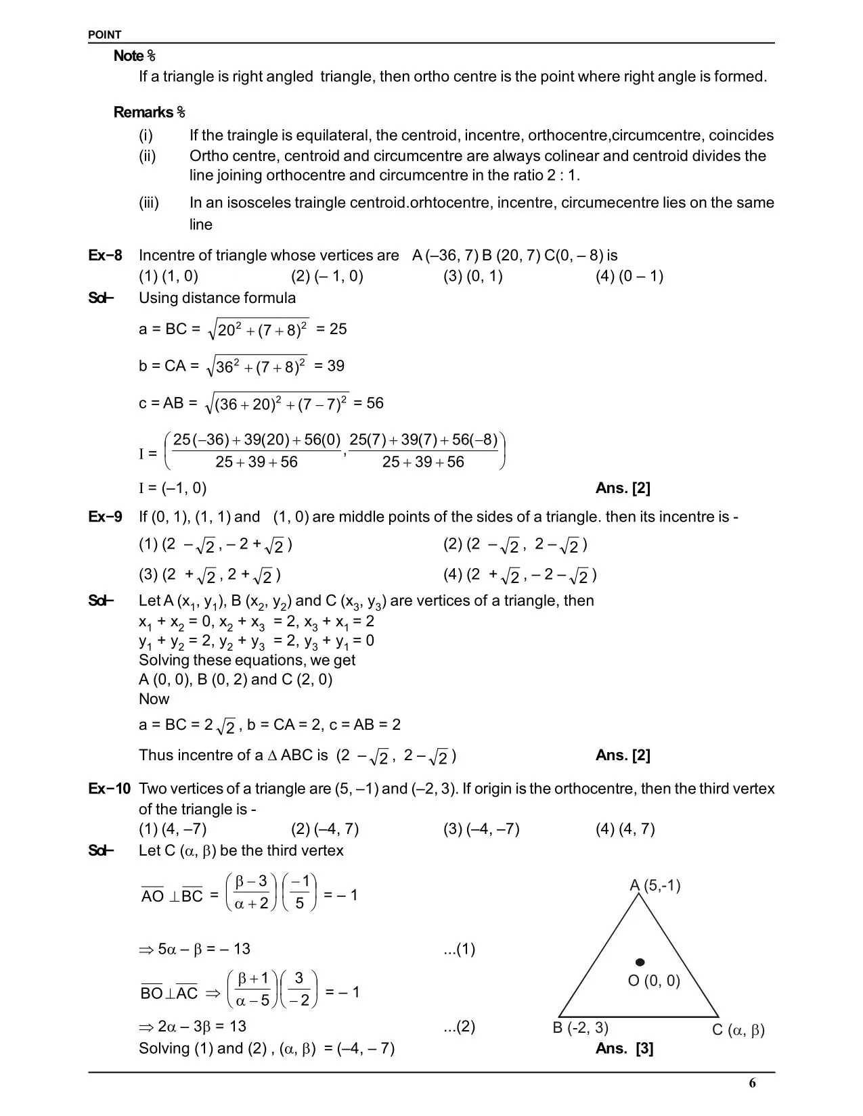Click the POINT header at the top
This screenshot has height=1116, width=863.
105,35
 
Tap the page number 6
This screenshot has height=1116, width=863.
752,1083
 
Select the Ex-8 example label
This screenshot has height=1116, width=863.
106,256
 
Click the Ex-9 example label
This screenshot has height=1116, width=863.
106,517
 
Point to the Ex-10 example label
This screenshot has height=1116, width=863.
109,789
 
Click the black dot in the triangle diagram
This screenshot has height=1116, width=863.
640,962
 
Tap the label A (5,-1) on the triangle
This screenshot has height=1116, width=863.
655,885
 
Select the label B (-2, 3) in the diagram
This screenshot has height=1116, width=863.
580,1028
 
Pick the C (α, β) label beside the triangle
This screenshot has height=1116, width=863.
738,1030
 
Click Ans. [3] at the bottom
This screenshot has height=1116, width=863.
624,1048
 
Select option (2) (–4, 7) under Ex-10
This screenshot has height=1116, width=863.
325,829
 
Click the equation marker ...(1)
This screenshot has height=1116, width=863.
459,949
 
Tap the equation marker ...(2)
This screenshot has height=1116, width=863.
459,1027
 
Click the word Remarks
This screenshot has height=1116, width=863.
143,112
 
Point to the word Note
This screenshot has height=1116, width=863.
129,56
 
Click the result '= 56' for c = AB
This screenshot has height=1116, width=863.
368,403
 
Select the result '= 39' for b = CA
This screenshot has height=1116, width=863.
329,366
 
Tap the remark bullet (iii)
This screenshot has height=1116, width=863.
149,203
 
